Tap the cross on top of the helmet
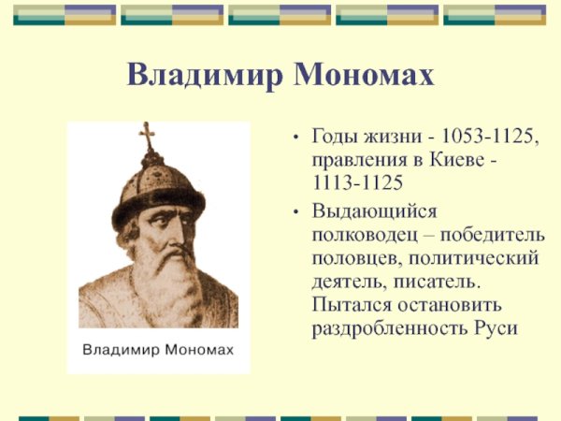click(147, 138)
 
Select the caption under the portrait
click(159, 352)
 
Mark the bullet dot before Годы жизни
click(296, 138)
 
